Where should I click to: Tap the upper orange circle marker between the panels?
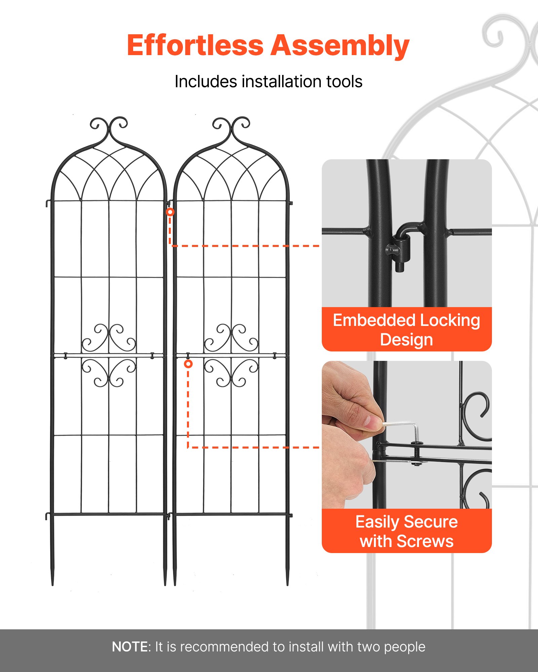[x=170, y=212]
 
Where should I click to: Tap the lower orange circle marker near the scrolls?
[x=188, y=364]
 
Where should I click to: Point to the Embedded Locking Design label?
[x=406, y=330]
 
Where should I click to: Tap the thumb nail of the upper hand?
[x=373, y=422]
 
